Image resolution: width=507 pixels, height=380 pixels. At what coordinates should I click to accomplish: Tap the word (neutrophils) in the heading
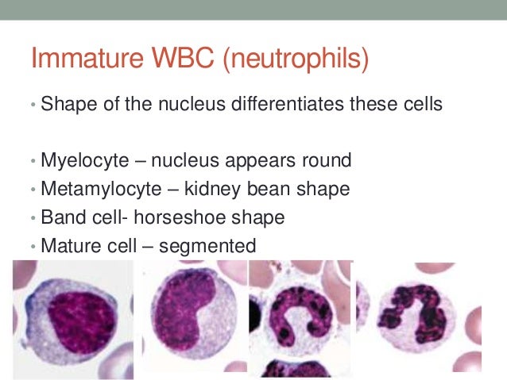291,59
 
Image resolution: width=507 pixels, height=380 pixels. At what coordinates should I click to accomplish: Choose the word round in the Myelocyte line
327,161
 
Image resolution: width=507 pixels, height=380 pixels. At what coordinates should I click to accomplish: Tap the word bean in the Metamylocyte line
255,190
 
